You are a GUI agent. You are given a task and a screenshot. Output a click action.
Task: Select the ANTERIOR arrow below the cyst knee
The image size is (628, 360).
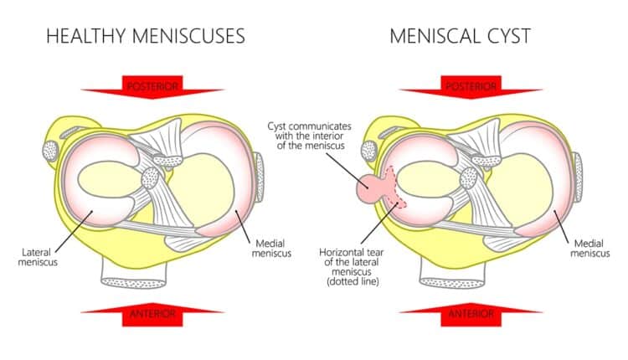pyautogui.click(x=471, y=314)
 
